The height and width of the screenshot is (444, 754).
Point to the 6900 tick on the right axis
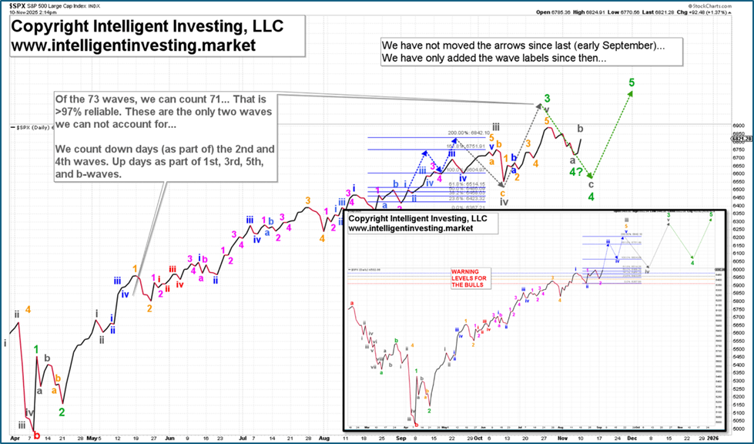pyautogui.click(x=736, y=126)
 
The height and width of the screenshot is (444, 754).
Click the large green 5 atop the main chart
pyautogui.click(x=632, y=82)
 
